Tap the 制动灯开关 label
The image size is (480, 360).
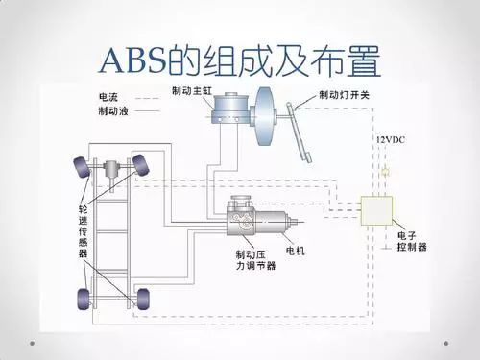pos(344,95)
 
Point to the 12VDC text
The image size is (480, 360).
pos(389,140)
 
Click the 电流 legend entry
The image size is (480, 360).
pos(108,97)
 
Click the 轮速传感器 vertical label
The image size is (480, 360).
pos(84,230)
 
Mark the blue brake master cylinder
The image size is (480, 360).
pos(231,108)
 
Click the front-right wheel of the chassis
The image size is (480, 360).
pos(143,165)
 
